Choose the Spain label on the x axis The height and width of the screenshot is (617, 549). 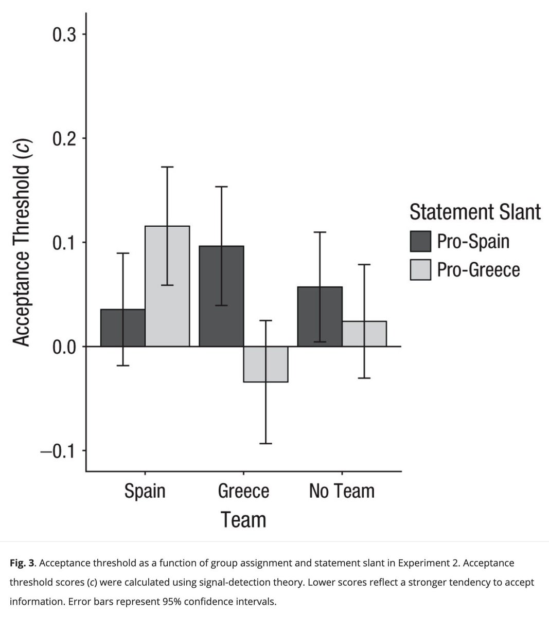pos(145,491)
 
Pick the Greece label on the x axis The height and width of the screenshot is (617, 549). pos(243,491)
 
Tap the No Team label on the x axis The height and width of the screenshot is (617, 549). pos(342,491)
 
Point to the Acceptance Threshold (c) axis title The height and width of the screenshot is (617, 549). pos(21,236)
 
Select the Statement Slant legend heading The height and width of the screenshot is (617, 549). pos(474,212)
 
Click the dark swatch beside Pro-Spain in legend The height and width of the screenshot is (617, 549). pos(420,242)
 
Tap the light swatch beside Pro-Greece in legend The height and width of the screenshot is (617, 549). pos(420,270)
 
